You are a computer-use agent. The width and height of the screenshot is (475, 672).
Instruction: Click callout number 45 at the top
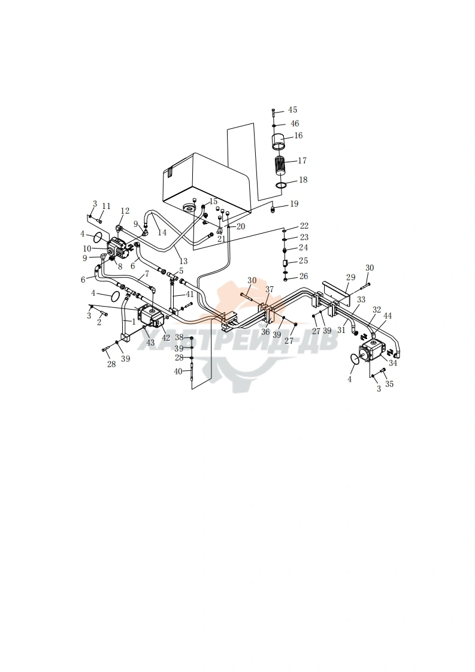click(x=292, y=110)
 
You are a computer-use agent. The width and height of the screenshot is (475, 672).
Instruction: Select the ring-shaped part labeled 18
click(x=281, y=184)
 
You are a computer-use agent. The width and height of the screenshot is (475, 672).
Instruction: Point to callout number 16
click(x=298, y=135)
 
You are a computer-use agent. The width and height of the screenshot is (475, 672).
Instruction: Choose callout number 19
click(x=294, y=204)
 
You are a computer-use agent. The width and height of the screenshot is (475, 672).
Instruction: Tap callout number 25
click(x=303, y=261)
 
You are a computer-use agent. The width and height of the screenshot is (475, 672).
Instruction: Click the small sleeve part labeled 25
click(x=285, y=262)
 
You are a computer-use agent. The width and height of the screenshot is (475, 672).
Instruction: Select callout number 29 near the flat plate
click(x=350, y=277)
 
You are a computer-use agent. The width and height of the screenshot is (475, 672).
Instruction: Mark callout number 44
click(x=388, y=316)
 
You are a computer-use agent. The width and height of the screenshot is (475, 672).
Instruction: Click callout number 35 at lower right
click(x=389, y=384)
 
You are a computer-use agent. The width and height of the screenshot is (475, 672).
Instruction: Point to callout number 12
click(x=125, y=211)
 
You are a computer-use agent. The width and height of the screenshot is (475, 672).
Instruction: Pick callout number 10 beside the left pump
click(x=87, y=249)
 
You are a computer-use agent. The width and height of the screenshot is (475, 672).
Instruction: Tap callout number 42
click(x=166, y=338)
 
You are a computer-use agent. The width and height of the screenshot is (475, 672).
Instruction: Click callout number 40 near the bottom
click(x=178, y=371)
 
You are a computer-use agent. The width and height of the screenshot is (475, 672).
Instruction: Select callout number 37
click(x=269, y=290)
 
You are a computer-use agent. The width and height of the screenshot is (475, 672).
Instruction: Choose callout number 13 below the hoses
click(x=183, y=261)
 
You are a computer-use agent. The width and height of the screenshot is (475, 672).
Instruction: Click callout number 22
click(x=304, y=226)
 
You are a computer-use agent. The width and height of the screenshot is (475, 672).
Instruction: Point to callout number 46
click(x=295, y=123)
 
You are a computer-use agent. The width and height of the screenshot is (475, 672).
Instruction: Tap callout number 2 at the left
click(x=99, y=323)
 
